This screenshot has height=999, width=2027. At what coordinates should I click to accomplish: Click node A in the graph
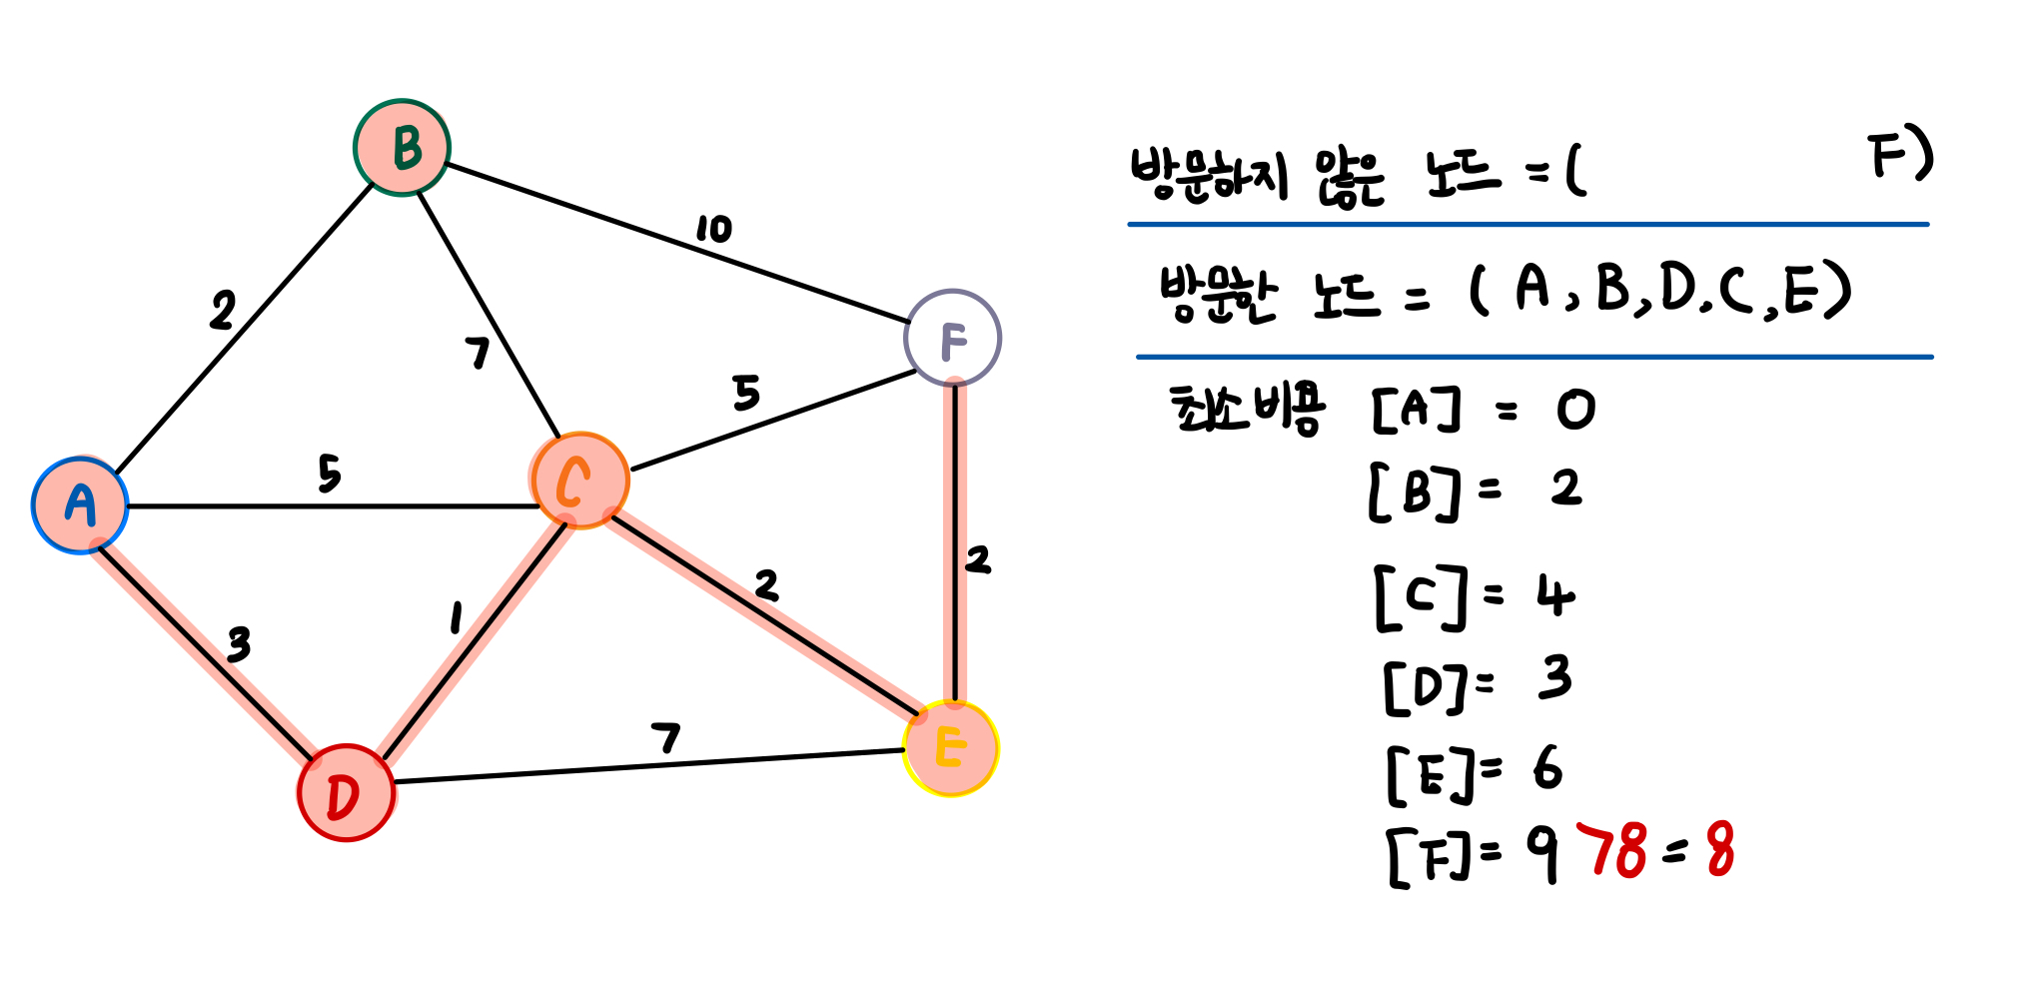80,504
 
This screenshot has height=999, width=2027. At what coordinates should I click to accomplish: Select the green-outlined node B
403,148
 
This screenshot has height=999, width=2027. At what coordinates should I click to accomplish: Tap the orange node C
580,481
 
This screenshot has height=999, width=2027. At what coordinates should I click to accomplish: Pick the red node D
346,793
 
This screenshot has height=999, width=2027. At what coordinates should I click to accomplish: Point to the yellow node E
951,748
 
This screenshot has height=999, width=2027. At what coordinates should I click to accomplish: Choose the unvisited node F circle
953,338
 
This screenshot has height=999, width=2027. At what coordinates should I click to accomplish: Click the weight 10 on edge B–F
714,229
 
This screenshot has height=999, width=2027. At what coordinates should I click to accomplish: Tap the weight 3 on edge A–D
238,645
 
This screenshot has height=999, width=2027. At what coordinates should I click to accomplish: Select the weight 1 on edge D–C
456,618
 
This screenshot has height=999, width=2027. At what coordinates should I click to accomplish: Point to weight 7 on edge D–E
665,738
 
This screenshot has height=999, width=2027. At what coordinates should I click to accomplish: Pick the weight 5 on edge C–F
746,393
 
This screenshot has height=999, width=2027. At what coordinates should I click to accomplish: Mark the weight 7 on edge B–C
479,353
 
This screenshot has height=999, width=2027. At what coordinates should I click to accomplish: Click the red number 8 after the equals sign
1720,850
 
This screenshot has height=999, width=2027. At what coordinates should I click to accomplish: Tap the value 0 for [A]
1575,410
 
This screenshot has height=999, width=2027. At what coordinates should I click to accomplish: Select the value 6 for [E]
1547,768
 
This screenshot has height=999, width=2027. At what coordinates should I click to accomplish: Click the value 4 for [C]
1554,596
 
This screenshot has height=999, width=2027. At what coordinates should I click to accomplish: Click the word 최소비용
1247,410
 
